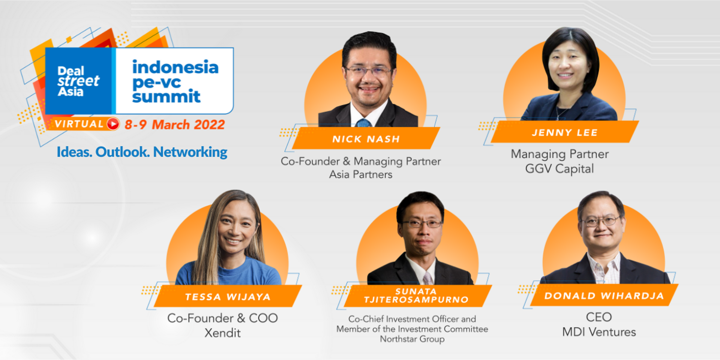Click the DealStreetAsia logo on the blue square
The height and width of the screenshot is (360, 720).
(x=78, y=81)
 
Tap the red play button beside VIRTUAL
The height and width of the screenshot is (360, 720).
(x=113, y=124)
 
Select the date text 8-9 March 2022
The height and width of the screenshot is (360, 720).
(x=175, y=124)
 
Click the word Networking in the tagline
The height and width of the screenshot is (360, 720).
(x=190, y=152)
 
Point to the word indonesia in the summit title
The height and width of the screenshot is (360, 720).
(x=175, y=67)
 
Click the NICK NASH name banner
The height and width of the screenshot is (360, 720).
(x=366, y=138)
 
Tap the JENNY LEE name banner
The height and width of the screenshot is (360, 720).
(x=565, y=132)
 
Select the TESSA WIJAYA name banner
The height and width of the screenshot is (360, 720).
(x=228, y=296)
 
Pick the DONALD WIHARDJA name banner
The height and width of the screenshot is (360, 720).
(x=604, y=295)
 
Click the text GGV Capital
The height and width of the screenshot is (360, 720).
(x=559, y=169)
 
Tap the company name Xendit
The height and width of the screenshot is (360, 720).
(x=222, y=333)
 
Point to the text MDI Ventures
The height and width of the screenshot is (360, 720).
(x=599, y=332)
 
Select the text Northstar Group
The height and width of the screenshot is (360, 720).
(x=412, y=339)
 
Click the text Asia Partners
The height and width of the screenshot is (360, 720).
(x=361, y=174)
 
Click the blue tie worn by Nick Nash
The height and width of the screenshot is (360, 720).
(x=363, y=123)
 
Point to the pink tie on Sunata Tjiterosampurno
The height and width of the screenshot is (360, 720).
(x=427, y=278)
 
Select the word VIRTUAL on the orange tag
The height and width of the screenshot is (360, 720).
(x=79, y=124)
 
